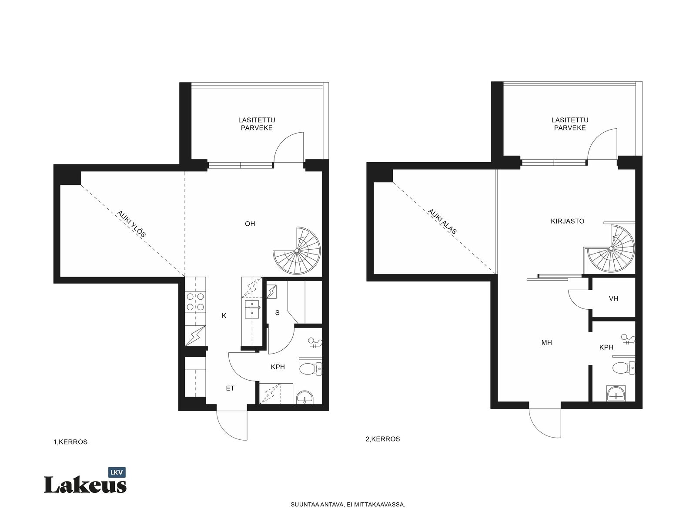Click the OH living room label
250,224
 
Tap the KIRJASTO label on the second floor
567,221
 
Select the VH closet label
613,298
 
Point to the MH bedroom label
547,343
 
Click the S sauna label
278,313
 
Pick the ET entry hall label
230,388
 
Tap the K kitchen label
224,316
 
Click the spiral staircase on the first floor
297,251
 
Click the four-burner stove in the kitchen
195,301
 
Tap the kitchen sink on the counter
252,309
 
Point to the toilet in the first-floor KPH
311,369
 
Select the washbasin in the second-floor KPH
616,393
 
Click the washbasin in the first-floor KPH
305,398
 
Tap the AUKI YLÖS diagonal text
131,224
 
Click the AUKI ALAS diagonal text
442,221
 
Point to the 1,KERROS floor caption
70,442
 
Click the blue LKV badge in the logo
117,472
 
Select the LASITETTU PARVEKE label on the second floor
570,124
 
